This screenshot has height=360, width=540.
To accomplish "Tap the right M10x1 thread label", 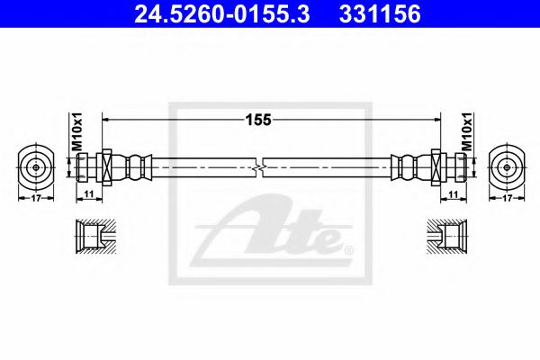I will click(x=467, y=132).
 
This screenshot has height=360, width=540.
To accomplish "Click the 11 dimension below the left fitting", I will click(x=88, y=193).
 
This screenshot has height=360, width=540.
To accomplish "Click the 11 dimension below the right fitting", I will click(x=453, y=193).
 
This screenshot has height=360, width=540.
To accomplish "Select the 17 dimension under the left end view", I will click(x=35, y=198).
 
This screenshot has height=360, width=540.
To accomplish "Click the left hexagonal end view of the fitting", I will click(x=35, y=166).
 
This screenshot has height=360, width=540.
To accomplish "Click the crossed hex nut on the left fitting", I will click(x=104, y=167).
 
